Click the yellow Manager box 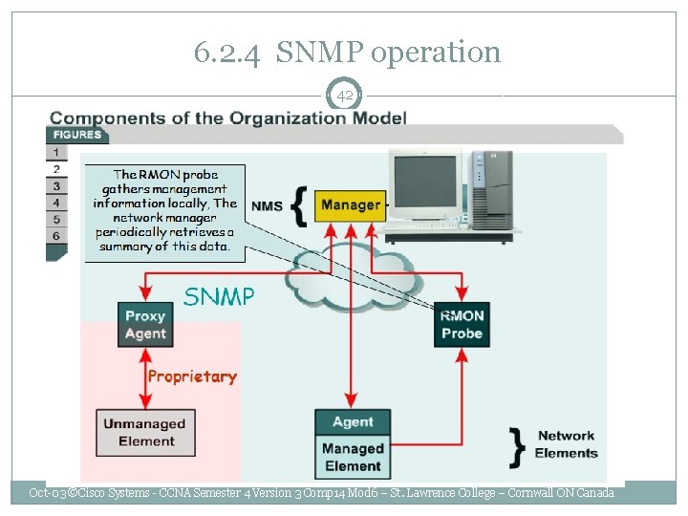351,204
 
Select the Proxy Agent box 145,325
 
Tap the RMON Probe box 462,325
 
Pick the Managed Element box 353,458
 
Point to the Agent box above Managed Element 353,422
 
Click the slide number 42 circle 344,95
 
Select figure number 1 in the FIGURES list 56,152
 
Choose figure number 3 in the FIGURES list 56,185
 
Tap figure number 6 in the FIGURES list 56,235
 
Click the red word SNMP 219,296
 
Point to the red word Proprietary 192,376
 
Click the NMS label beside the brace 267,205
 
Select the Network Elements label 567,444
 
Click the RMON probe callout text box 165,211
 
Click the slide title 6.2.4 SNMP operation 347,52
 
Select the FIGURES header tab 76,135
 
